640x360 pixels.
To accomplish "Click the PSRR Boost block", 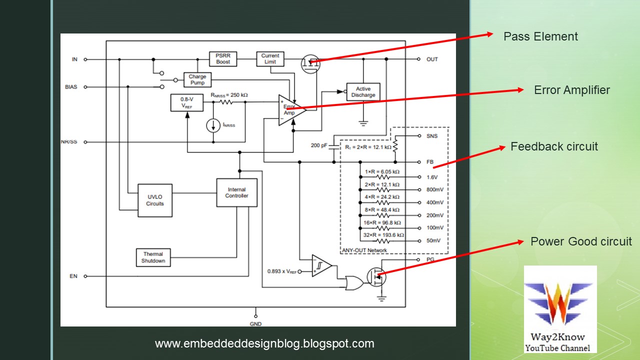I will coord(223,58).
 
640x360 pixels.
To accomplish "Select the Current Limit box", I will coord(270,58).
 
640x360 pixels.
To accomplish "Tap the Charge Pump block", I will coord(197,80).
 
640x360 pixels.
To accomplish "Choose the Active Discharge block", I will coord(363,92).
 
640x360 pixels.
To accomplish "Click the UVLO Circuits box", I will coord(155,200).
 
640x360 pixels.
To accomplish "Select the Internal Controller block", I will coord(236,192).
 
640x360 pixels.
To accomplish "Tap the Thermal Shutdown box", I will coord(153,257).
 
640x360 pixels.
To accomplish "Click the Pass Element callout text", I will coord(540,36).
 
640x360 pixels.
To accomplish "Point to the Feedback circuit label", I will coord(554,146).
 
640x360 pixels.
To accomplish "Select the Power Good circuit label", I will coord(581,241).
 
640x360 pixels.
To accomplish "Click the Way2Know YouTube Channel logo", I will coord(560,310).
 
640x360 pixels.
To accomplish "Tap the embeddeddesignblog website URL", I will coord(264,343).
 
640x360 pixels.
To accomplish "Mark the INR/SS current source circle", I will coord(213,125).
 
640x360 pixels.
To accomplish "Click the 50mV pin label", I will coord(433,240).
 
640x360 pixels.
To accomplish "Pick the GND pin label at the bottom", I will coord(255,324).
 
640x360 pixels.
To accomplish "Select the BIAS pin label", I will coord(71,87).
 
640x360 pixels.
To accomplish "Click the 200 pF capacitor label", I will coord(319,145).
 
